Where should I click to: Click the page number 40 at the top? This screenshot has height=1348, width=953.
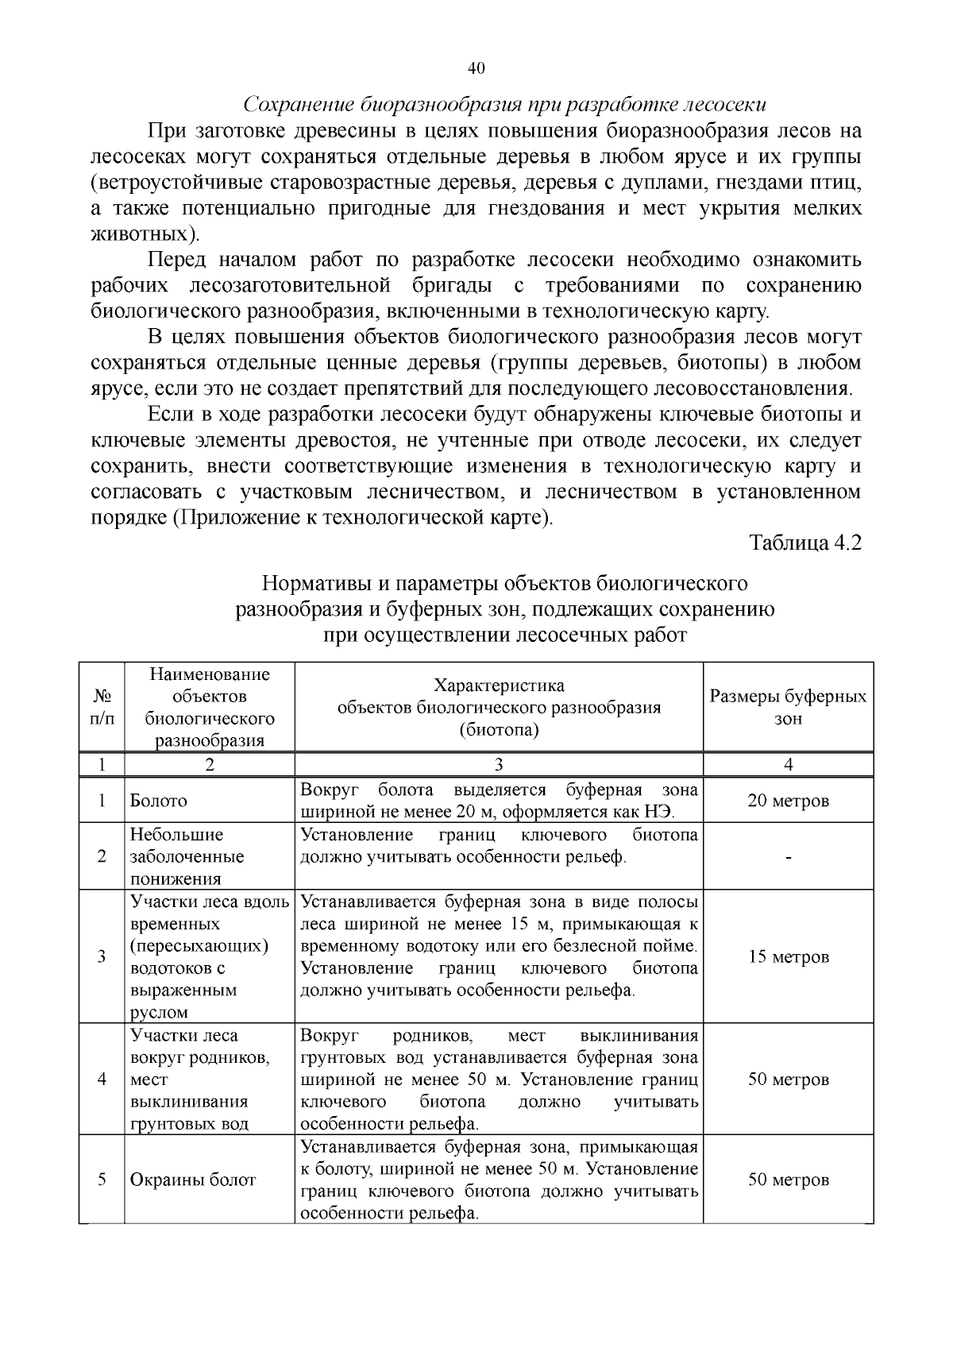pos(476,68)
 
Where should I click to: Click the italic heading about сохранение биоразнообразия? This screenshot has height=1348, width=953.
pos(504,105)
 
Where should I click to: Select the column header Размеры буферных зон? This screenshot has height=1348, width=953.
pos(788,707)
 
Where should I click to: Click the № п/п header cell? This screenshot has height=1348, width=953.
pos(102,707)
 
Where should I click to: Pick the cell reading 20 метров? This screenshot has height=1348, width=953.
pos(788,800)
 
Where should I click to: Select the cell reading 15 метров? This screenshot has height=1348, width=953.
pos(788,956)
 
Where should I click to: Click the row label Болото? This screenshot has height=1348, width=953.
pos(159,801)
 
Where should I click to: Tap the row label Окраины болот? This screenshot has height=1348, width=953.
pos(193,1180)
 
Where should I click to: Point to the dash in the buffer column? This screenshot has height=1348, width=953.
pos(788,857)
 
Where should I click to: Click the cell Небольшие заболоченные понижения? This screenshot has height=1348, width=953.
pos(187,856)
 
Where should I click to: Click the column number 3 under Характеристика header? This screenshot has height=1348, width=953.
pos(499,764)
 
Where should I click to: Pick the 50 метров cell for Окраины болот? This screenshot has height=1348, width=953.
pos(788,1180)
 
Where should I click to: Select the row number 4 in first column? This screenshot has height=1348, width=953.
pos(102,1080)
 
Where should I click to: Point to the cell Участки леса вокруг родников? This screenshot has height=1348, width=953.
pos(199,1079)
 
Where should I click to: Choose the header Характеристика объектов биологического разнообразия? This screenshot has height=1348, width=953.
pos(499,707)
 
